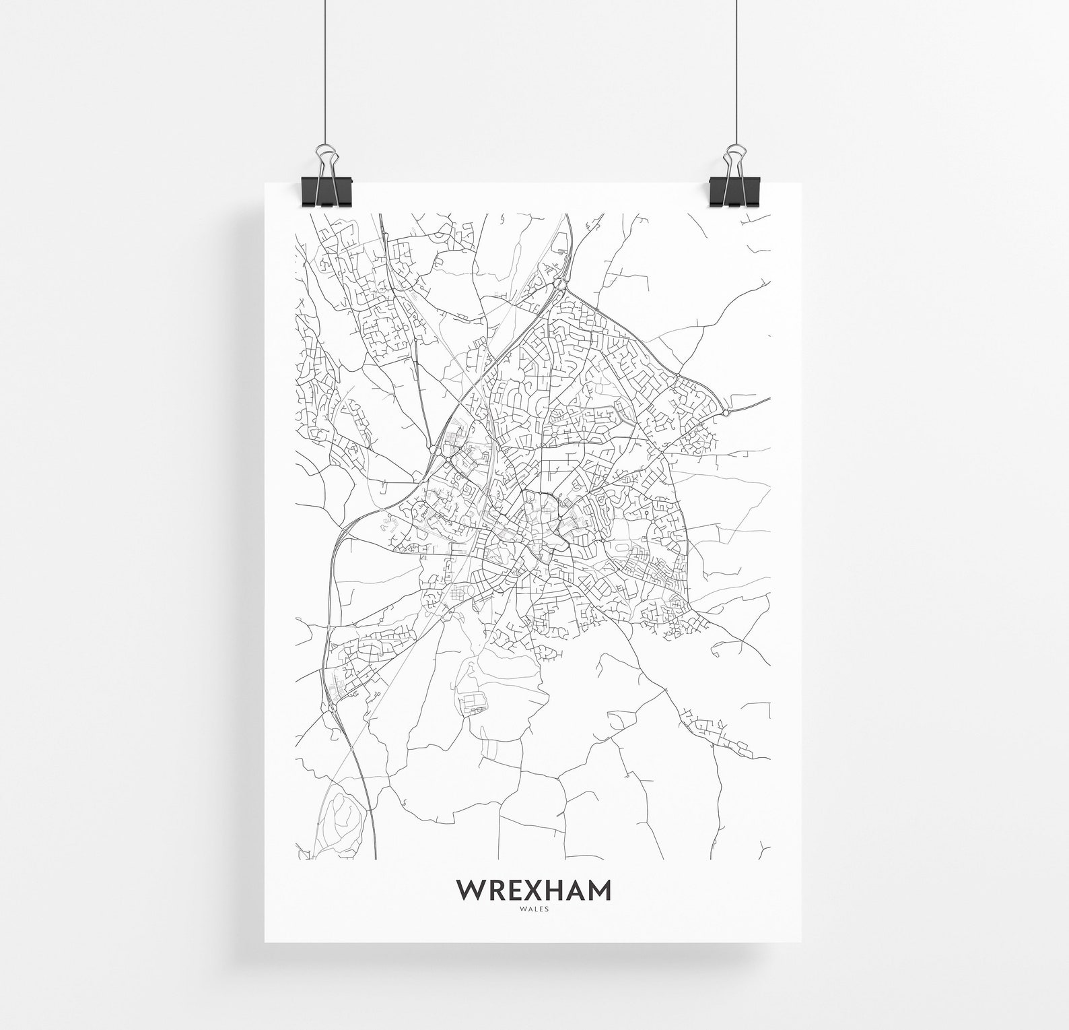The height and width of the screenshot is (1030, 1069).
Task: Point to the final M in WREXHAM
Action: tap(599, 889)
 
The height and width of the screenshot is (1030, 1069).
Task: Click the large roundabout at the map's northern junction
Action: tap(560, 286)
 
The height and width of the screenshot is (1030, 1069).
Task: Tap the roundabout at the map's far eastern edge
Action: tap(726, 412)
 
